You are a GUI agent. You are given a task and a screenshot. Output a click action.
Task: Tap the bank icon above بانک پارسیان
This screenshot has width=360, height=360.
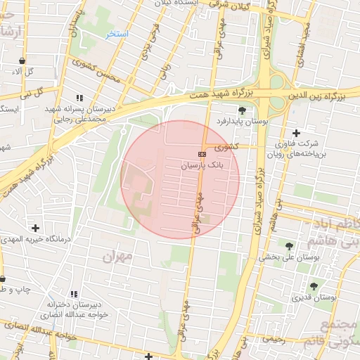point(202,153)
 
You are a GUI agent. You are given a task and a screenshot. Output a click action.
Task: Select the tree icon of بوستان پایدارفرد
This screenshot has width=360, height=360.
point(243,110)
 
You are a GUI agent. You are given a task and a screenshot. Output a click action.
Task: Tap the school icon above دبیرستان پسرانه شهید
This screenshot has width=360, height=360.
point(79,98)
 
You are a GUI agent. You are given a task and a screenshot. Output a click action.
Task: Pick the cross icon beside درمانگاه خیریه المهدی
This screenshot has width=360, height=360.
point(36,228)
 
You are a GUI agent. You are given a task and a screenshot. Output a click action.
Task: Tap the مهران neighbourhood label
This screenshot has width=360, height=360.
point(117,257)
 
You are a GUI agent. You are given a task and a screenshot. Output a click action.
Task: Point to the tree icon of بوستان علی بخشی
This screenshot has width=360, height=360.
point(290,245)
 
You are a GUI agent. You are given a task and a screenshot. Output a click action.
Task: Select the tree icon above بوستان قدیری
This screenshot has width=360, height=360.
point(313,285)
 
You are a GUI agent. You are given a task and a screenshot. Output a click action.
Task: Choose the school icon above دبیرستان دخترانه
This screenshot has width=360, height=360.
point(73,293)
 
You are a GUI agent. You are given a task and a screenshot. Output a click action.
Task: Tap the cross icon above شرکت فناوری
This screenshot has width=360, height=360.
point(296,133)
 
